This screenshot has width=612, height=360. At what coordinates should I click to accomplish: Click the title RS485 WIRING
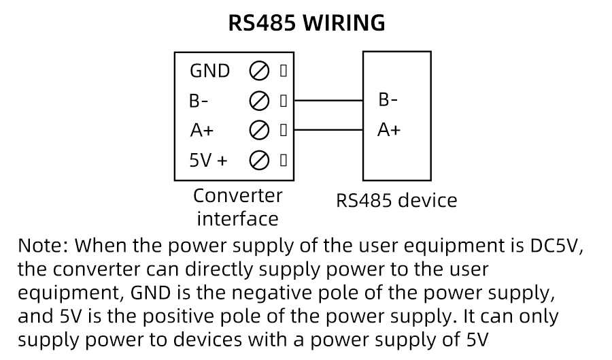(306, 23)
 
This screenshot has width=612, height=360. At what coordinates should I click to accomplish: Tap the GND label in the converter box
(209, 71)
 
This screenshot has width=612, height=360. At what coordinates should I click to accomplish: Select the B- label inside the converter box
(199, 101)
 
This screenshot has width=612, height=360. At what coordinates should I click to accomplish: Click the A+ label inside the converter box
(201, 130)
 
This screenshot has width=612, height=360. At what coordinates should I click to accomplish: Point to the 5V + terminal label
(208, 160)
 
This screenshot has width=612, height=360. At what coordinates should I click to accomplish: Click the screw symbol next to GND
(259, 71)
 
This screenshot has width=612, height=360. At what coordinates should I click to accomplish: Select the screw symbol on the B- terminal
(259, 101)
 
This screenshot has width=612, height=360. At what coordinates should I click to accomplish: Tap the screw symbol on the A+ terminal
(259, 130)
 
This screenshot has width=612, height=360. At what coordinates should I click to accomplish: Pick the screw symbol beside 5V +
(259, 160)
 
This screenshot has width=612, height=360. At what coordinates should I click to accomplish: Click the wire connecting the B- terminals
(328, 101)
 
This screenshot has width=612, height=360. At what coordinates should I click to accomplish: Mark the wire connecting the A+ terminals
(328, 130)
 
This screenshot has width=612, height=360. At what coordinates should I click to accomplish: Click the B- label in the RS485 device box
(388, 100)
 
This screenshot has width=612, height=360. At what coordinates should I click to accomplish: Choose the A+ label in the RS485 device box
(389, 129)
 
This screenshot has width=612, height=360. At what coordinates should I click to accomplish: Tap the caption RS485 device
(396, 201)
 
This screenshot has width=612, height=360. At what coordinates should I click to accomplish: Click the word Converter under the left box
(237, 196)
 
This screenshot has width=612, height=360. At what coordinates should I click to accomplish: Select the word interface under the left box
(237, 218)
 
